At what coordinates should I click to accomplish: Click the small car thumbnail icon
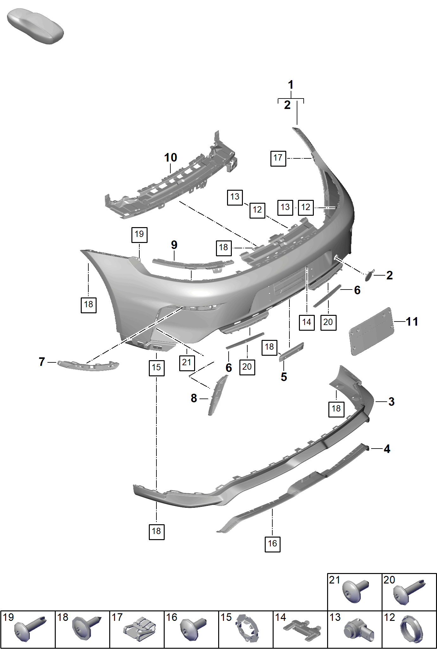point(35,26)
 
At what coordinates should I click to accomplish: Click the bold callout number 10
point(170,157)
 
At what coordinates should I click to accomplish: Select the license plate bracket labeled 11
point(371,331)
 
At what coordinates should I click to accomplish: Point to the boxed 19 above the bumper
point(139,235)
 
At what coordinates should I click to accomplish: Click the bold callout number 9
point(174,245)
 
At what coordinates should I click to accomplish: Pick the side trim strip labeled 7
point(88,365)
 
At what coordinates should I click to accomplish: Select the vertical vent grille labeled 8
point(217,395)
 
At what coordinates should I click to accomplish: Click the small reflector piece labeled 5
point(291,352)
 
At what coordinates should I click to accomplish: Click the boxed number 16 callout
point(273,544)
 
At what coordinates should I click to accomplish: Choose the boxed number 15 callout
point(156,368)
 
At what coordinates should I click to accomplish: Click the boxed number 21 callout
point(187,362)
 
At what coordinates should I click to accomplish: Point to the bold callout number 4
point(387,449)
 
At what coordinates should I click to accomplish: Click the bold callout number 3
point(391,402)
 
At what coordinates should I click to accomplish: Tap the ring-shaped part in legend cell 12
point(411,629)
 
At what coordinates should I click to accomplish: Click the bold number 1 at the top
point(291,85)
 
